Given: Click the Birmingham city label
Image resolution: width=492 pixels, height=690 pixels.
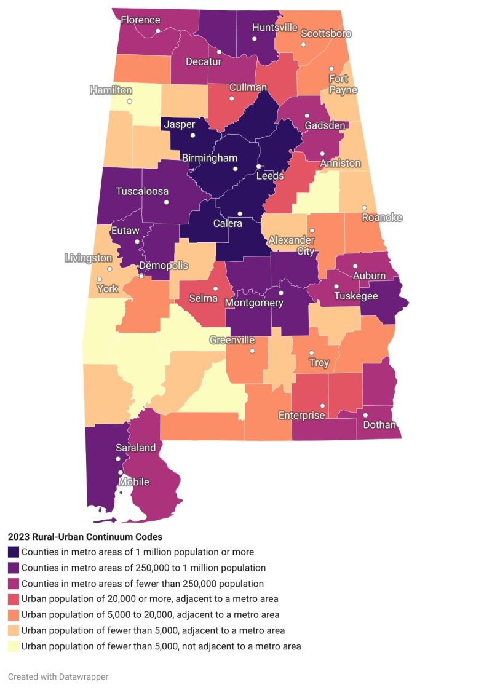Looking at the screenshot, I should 209,158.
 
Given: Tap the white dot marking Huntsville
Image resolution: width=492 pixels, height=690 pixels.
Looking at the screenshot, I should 254,39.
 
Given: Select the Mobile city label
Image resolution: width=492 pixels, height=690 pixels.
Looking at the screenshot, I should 134,482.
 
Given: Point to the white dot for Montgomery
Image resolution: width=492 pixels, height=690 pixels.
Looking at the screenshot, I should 280,293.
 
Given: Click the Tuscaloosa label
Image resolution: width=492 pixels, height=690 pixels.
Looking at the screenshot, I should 142,191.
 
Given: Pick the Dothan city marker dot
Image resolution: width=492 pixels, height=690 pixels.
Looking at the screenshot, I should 365,415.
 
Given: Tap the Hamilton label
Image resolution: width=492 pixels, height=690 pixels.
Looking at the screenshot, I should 111,90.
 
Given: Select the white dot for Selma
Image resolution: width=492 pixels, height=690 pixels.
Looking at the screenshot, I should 215,288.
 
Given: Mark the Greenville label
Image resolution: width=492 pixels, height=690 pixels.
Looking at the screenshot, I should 232,340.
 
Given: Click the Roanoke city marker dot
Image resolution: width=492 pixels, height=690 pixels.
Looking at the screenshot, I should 364,208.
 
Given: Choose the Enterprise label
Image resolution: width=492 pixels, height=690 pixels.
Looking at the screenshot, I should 301,416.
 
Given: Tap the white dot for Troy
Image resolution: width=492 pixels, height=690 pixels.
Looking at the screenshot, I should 312,353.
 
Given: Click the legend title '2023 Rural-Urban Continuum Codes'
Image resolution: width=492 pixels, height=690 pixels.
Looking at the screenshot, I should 85,537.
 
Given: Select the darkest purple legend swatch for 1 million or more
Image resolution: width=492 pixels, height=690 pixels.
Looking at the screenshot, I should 14,552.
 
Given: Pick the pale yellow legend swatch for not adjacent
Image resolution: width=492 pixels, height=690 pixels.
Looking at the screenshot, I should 14,646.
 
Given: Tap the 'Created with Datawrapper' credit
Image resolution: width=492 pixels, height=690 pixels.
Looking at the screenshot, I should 58,676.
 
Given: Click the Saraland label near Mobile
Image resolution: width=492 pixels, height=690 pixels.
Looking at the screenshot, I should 136,448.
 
